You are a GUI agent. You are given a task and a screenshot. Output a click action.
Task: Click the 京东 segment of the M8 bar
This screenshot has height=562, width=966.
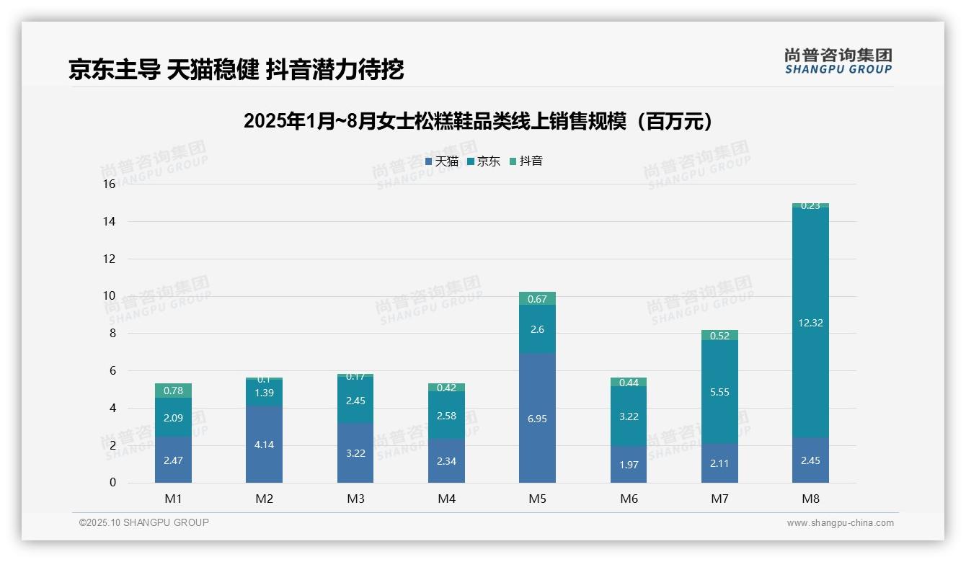[810, 322]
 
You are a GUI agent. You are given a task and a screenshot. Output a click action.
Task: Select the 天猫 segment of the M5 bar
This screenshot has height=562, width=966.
[537, 418]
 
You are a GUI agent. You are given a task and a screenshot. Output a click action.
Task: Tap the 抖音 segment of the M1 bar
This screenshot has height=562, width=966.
[173, 391]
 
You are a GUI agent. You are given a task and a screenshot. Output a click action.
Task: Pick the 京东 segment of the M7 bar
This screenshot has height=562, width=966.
[719, 392]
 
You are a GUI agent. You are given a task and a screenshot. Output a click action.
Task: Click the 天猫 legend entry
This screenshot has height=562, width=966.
[442, 161]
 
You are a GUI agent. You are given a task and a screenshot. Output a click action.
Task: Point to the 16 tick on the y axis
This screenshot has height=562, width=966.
[109, 184]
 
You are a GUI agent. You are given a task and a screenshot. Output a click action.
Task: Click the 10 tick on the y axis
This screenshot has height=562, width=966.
[109, 296]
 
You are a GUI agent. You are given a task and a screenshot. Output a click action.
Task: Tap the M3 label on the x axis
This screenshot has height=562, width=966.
[355, 499]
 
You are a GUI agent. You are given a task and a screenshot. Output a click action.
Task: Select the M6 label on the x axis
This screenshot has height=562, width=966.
[629, 499]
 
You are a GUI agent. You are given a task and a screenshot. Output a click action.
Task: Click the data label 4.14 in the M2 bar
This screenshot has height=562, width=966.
[264, 445]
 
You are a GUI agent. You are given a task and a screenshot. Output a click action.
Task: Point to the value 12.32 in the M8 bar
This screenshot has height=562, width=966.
[810, 323]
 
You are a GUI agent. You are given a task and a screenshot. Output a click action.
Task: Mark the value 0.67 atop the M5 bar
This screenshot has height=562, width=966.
[537, 299]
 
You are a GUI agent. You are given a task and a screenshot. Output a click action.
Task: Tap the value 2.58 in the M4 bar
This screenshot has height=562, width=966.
[446, 416]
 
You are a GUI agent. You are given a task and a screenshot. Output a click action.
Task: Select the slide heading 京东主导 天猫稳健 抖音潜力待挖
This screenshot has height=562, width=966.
[236, 69]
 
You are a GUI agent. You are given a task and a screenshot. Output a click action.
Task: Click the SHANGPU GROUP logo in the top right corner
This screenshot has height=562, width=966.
[838, 61]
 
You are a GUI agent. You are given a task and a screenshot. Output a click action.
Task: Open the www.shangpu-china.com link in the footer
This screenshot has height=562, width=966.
[840, 523]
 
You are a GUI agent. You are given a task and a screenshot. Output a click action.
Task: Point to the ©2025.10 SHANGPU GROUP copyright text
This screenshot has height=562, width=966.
[144, 523]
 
